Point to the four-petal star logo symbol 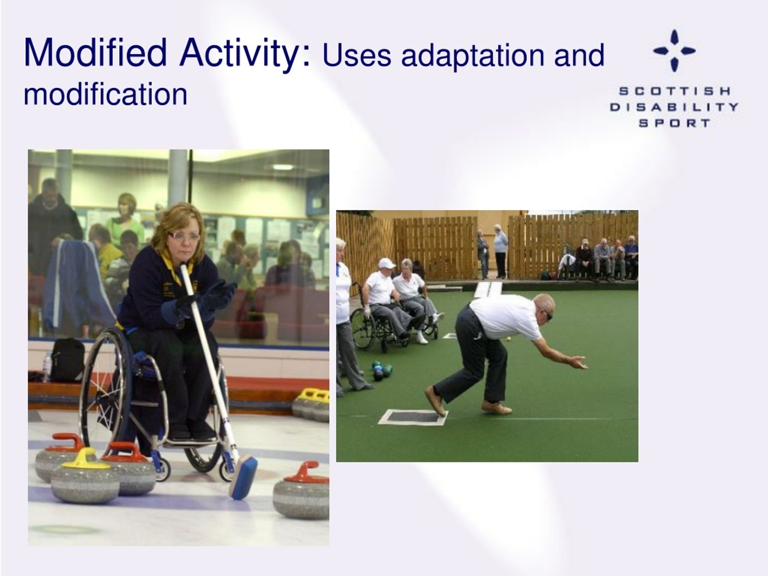pyautogui.click(x=674, y=51)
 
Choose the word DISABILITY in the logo pyautogui.click(x=674, y=107)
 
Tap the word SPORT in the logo pyautogui.click(x=674, y=123)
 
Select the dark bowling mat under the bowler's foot pyautogui.click(x=413, y=417)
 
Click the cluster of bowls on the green pyautogui.click(x=382, y=370)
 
